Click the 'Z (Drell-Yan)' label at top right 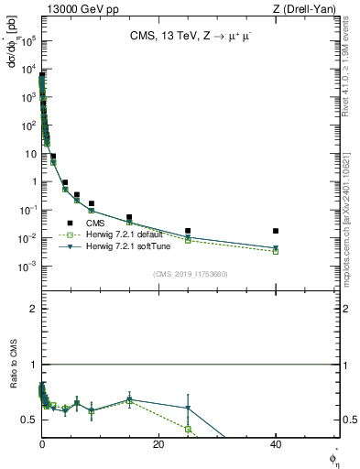tap(307, 9)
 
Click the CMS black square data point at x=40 tap(276, 231)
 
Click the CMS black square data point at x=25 tap(188, 231)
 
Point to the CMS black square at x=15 tap(129, 217)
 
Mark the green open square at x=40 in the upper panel tap(276, 251)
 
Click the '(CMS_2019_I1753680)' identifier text tap(190, 273)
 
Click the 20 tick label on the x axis tap(158, 444)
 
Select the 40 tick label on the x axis tap(276, 444)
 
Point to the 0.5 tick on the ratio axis tap(30, 420)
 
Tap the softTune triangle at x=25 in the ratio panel tap(188, 408)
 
